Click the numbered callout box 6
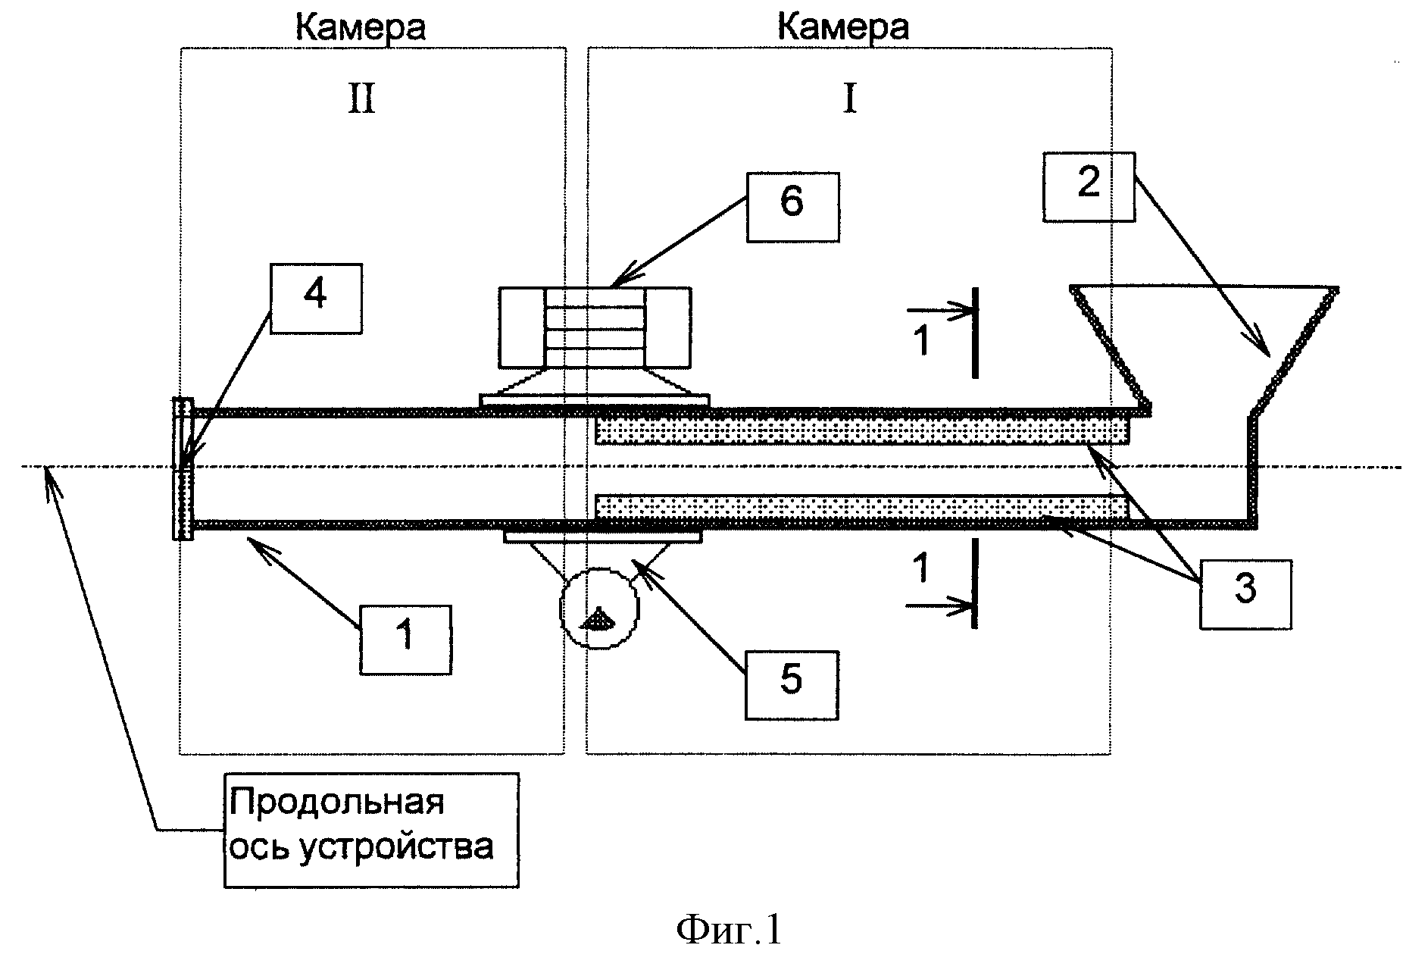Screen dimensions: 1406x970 792,208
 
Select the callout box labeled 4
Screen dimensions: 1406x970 316,298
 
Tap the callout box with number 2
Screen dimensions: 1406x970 1089,187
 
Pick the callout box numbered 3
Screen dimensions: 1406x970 1245,594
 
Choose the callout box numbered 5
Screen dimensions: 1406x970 792,684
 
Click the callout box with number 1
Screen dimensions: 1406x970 405,640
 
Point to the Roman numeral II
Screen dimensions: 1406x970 361,99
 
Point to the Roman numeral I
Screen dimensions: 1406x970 849,99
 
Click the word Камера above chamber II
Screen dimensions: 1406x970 360,27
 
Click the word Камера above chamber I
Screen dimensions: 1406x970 843,27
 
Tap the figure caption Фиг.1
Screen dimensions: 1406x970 728,931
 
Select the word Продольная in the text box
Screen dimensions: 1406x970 336,802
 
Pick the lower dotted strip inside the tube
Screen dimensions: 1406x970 862,507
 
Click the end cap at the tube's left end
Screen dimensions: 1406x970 183,468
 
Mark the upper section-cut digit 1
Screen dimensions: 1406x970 921,341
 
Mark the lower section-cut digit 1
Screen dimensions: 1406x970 921,568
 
